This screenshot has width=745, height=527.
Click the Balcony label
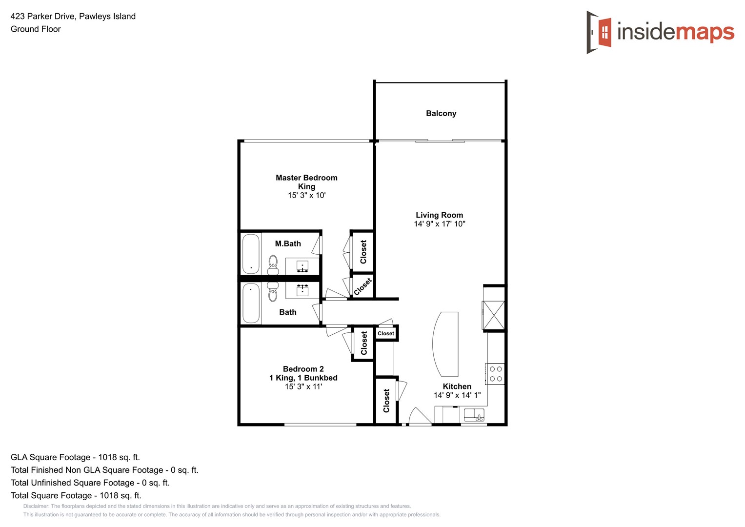441,113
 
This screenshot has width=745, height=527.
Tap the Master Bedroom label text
306,178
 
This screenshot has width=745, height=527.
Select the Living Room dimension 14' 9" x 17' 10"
440,224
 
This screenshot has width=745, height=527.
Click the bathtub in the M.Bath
251,254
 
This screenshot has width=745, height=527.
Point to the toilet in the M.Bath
273,265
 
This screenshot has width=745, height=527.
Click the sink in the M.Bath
302,266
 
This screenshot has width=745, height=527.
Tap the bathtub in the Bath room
251,303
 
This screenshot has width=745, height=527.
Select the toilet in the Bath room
273,291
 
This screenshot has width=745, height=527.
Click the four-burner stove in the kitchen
496,374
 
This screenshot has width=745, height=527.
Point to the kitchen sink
474,415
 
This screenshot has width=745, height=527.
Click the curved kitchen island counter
445,344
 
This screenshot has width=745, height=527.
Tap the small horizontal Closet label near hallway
386,334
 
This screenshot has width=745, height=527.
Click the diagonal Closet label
362,286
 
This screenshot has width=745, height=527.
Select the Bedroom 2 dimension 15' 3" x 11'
303,386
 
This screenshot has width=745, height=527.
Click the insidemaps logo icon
600,32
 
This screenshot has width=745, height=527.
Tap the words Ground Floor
36,29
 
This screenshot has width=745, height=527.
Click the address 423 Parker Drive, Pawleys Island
73,16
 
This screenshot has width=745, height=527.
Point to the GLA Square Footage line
75,457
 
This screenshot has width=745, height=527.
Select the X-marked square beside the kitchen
494,315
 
